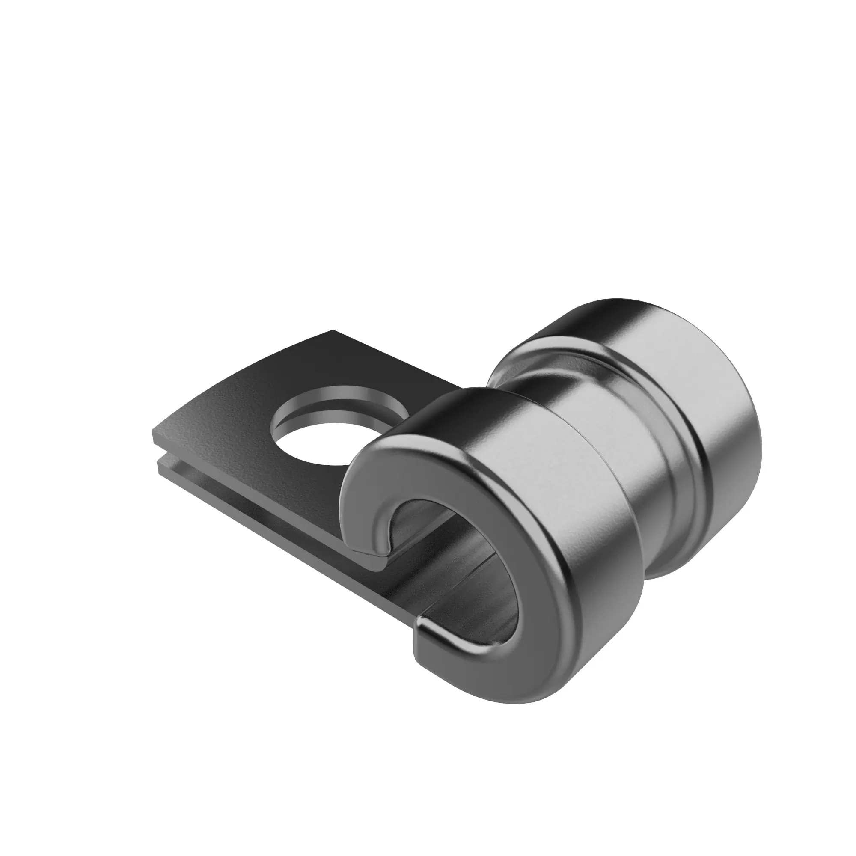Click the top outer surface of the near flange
point(509,425)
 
